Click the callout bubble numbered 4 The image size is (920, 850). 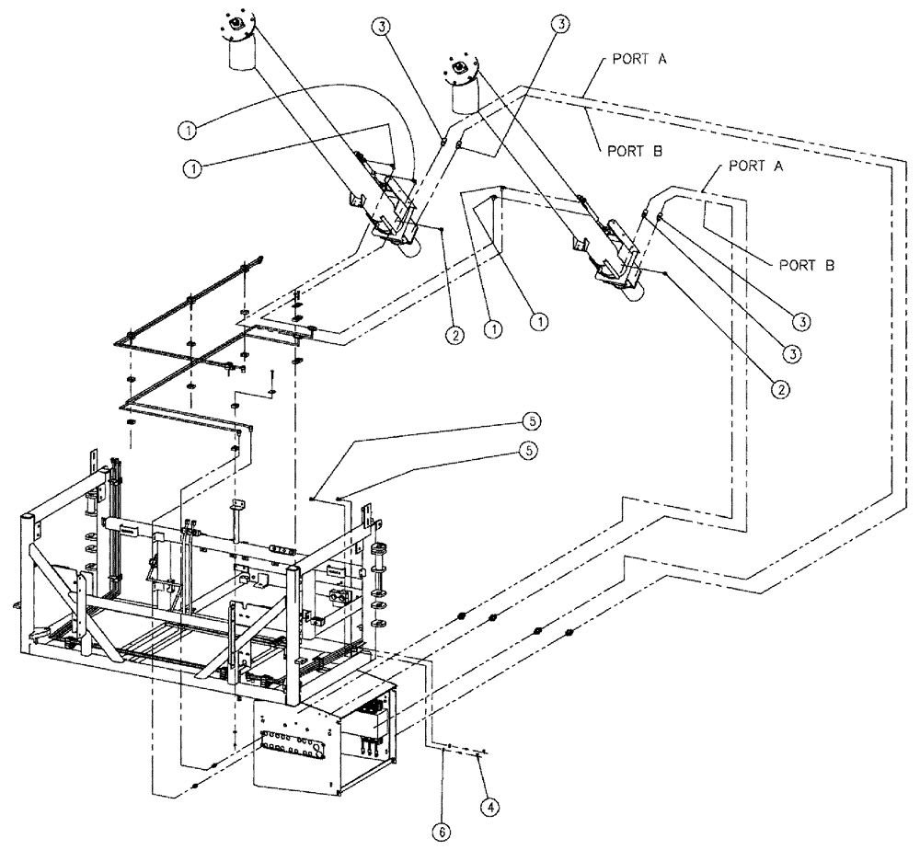(490, 807)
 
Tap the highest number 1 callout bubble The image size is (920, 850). (187, 130)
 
